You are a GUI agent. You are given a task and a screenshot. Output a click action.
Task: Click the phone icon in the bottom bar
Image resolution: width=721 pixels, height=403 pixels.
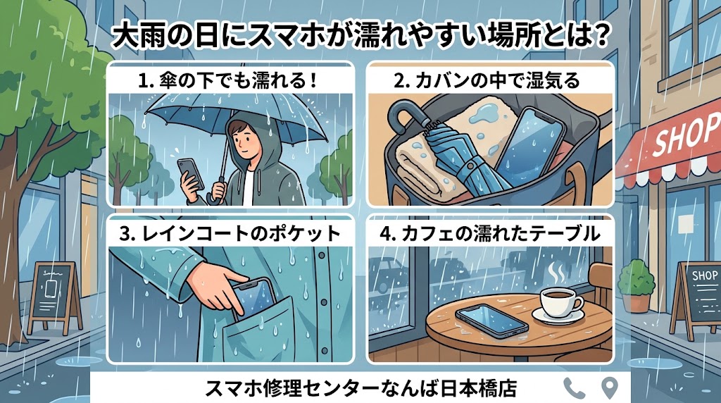tap(575, 388)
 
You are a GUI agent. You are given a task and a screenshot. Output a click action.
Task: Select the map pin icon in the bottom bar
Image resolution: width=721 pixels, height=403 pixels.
tap(610, 387)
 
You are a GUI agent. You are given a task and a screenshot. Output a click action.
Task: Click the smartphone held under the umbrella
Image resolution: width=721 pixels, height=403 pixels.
tap(191, 175)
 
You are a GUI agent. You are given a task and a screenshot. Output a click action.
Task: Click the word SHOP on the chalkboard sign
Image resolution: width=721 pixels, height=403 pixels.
tap(704, 275)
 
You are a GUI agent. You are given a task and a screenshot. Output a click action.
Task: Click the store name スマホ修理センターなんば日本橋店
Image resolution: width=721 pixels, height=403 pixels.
tap(361, 388)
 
